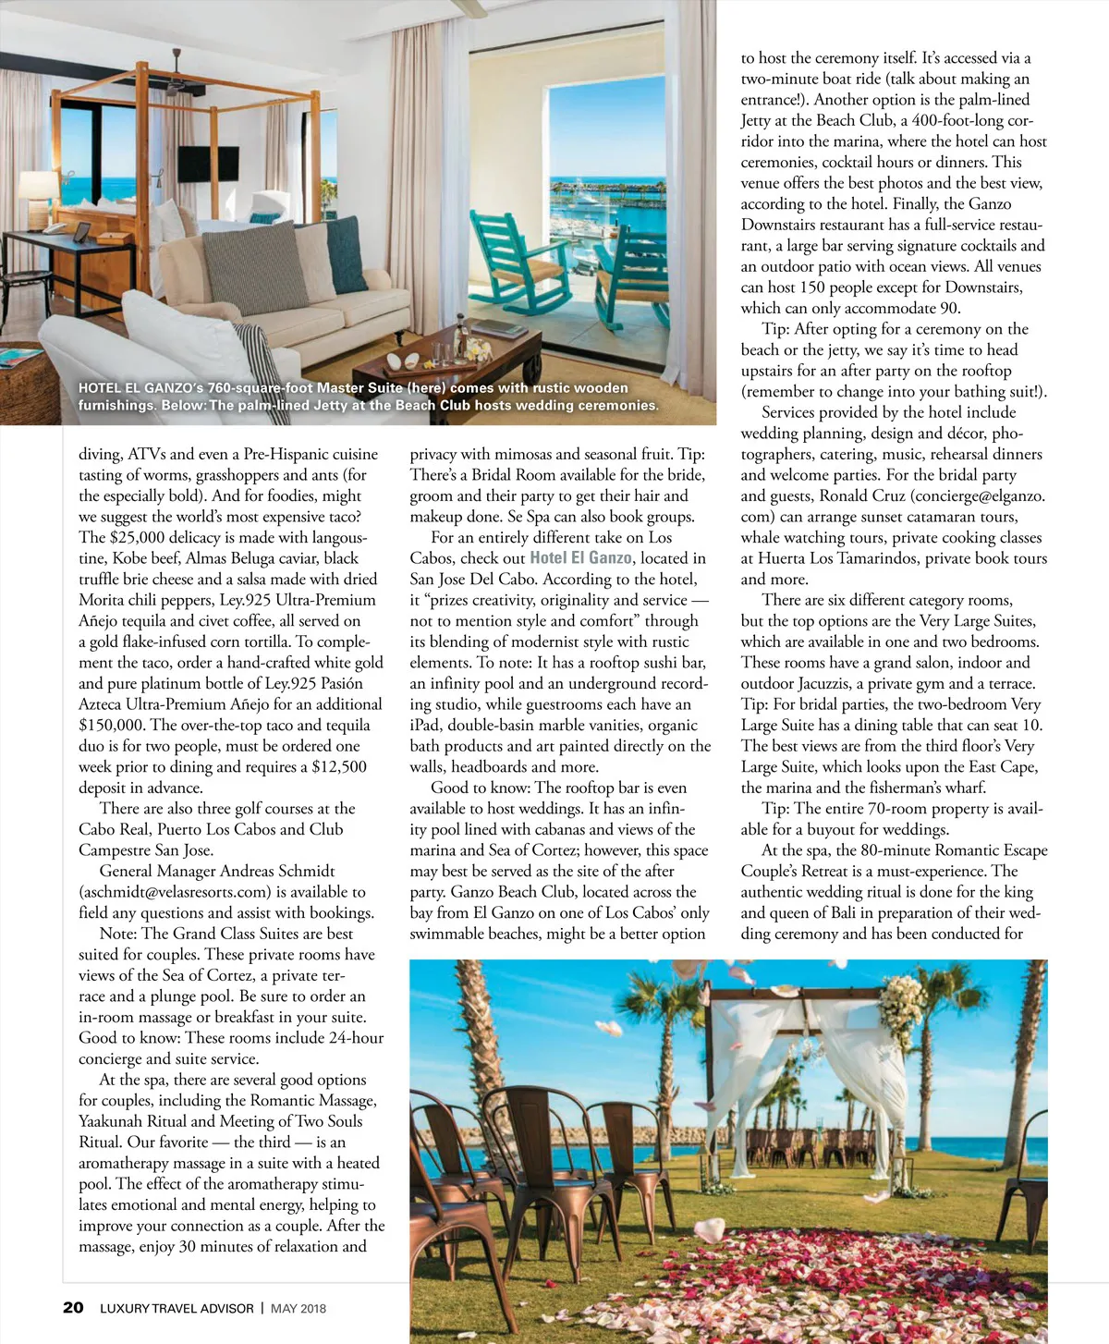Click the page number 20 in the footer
pos(73,1307)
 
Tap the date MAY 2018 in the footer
pos(298,1308)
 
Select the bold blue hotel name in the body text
pos(580,558)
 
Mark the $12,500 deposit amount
pos(339,766)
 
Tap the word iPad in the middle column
pos(427,726)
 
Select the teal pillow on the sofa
pos(347,251)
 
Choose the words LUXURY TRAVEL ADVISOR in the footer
pos(177,1308)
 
